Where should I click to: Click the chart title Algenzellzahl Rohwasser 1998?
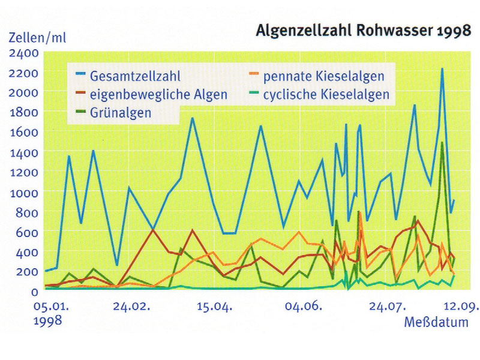364,31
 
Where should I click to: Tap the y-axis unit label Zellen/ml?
37,37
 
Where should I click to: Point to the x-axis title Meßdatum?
436,323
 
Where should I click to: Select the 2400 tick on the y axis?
24,53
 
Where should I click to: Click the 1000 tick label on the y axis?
24,193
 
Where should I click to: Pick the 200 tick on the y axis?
28,272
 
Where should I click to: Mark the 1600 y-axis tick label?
24,133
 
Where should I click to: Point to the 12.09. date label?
463,307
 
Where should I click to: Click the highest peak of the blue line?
442,69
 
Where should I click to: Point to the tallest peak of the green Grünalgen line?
442,143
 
